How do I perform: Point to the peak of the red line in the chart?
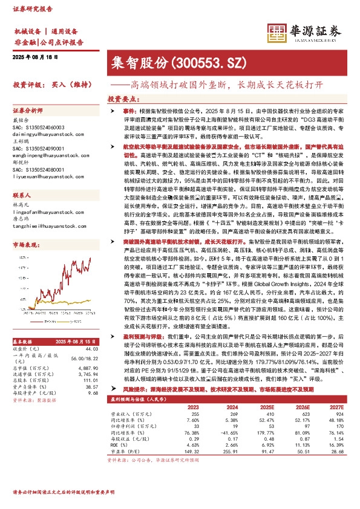90,259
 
